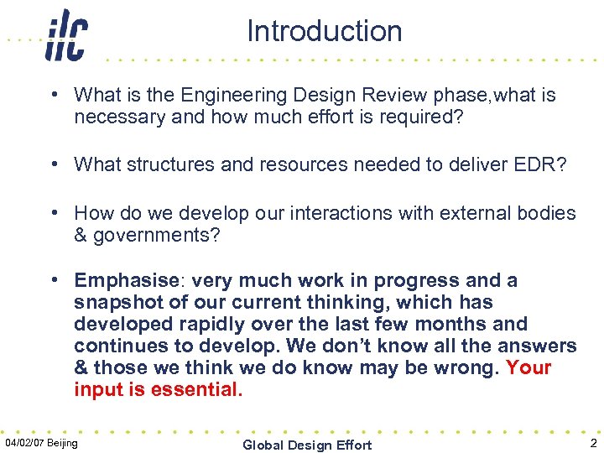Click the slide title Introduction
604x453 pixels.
click(x=324, y=31)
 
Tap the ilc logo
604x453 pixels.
click(x=66, y=35)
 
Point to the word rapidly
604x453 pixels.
click(x=217, y=324)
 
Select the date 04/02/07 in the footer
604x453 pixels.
click(x=25, y=442)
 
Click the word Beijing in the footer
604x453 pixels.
click(x=63, y=442)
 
